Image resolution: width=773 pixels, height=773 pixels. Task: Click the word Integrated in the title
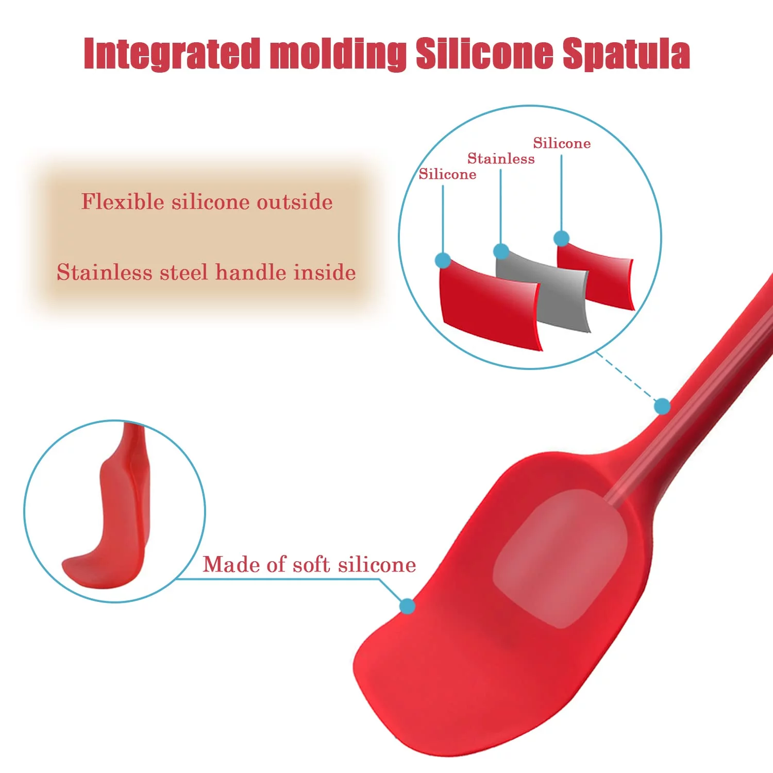172,54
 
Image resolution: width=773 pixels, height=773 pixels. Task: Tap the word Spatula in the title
626,53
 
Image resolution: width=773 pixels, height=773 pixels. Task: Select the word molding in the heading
338,54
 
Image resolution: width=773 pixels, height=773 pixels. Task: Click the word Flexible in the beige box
123,201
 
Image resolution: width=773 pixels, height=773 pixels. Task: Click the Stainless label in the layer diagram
501,159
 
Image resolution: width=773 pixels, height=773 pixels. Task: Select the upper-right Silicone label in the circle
562,143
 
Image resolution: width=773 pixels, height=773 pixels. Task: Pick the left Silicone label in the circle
447,174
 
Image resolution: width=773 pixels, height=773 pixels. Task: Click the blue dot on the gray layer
501,251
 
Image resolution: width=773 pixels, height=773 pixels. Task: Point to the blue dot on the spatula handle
662,407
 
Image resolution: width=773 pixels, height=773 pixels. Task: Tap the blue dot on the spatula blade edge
407,606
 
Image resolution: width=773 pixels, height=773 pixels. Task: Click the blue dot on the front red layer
443,260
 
